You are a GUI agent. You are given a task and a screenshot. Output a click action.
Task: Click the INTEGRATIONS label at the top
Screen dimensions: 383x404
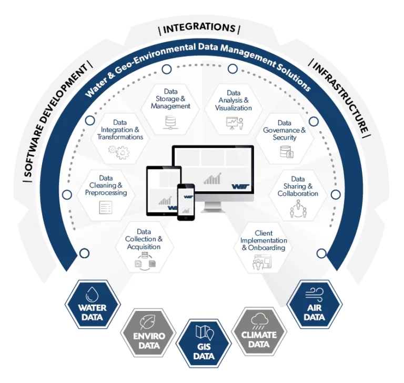[x=199, y=28]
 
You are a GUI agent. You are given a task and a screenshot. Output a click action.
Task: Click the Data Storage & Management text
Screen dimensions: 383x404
[x=170, y=99]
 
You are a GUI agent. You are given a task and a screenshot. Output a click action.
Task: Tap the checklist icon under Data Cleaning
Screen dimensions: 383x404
[x=106, y=208]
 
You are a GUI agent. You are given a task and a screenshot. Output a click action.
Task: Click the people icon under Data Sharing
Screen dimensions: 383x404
[x=297, y=209]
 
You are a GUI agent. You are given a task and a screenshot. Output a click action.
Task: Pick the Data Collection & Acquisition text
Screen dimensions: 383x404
[x=144, y=239]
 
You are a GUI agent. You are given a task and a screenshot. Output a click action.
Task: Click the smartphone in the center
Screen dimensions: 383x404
[x=186, y=201]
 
